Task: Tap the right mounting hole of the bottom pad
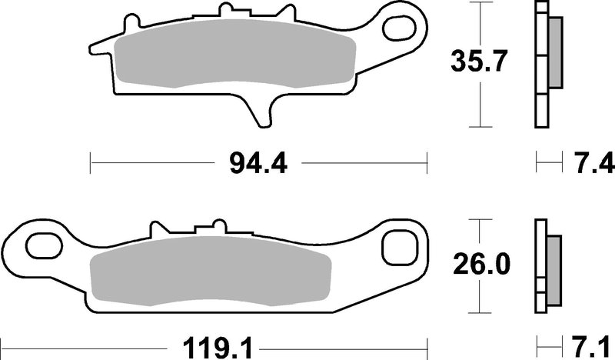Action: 402,248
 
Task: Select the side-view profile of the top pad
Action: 543,65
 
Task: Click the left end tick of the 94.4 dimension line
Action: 91,162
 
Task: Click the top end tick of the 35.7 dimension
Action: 480,3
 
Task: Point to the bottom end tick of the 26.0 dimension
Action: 480,312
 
